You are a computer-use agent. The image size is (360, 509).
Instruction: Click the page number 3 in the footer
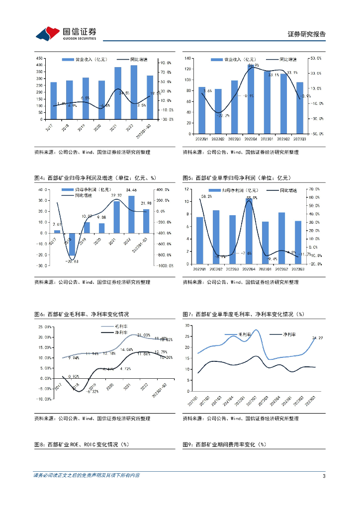324,476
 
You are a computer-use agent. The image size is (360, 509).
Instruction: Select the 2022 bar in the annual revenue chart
134,92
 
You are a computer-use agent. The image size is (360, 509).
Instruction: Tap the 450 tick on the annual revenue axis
39,59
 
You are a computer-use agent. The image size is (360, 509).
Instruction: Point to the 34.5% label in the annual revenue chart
124,93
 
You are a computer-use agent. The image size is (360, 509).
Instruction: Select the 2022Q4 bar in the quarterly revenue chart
252,99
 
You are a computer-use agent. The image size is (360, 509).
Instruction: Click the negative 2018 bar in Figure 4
72,244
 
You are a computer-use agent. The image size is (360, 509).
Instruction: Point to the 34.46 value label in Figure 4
131,190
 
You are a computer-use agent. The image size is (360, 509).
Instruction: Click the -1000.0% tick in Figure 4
165,265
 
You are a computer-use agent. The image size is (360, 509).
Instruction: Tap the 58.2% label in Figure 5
206,197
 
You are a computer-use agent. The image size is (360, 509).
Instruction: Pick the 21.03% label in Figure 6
144,335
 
